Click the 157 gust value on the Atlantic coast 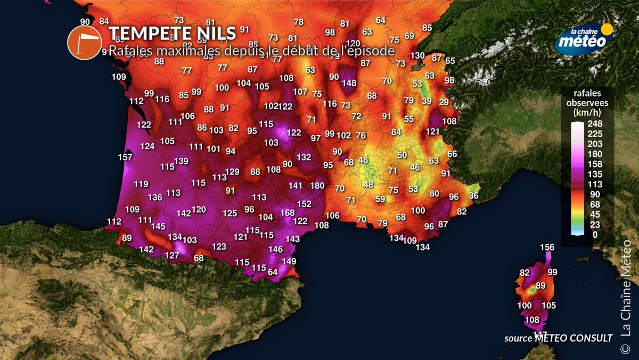[125, 157]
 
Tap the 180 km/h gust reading [317, 186]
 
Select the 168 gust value [287, 213]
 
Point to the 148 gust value [349, 83]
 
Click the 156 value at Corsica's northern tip [547, 247]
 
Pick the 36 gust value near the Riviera [474, 196]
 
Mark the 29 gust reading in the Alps [444, 102]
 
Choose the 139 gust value [182, 162]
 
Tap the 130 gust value [417, 55]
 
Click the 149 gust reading [289, 261]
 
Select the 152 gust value [304, 204]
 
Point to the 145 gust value [159, 227]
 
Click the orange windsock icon [84, 42]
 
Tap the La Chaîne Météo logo [584, 38]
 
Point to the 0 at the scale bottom [594, 234]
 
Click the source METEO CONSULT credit [559, 338]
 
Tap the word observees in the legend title [588, 103]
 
